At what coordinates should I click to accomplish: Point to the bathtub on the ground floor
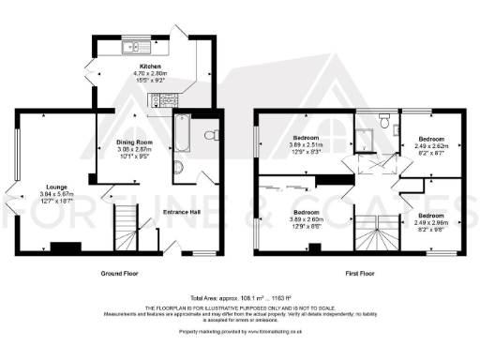[182, 134]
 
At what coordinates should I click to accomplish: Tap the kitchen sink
[130, 46]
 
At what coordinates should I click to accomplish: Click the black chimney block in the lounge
[66, 247]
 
